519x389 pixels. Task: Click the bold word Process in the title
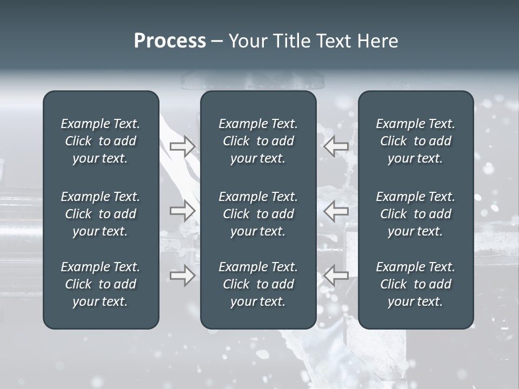170,41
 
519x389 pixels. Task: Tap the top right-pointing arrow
182,146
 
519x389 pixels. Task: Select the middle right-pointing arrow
182,211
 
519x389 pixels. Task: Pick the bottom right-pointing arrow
182,276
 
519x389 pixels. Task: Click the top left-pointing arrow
336,146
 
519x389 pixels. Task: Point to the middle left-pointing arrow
336,211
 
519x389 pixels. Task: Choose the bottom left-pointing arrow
336,276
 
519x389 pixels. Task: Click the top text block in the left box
101,141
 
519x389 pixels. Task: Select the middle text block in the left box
101,214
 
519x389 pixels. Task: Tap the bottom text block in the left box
101,284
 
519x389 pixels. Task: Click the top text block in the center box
258,141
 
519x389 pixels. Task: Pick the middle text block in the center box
258,214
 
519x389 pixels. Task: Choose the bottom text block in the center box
258,284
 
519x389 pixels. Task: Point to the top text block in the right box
415,141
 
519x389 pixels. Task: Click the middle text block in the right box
415,214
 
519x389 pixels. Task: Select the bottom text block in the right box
415,284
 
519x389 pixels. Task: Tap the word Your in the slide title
245,41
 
